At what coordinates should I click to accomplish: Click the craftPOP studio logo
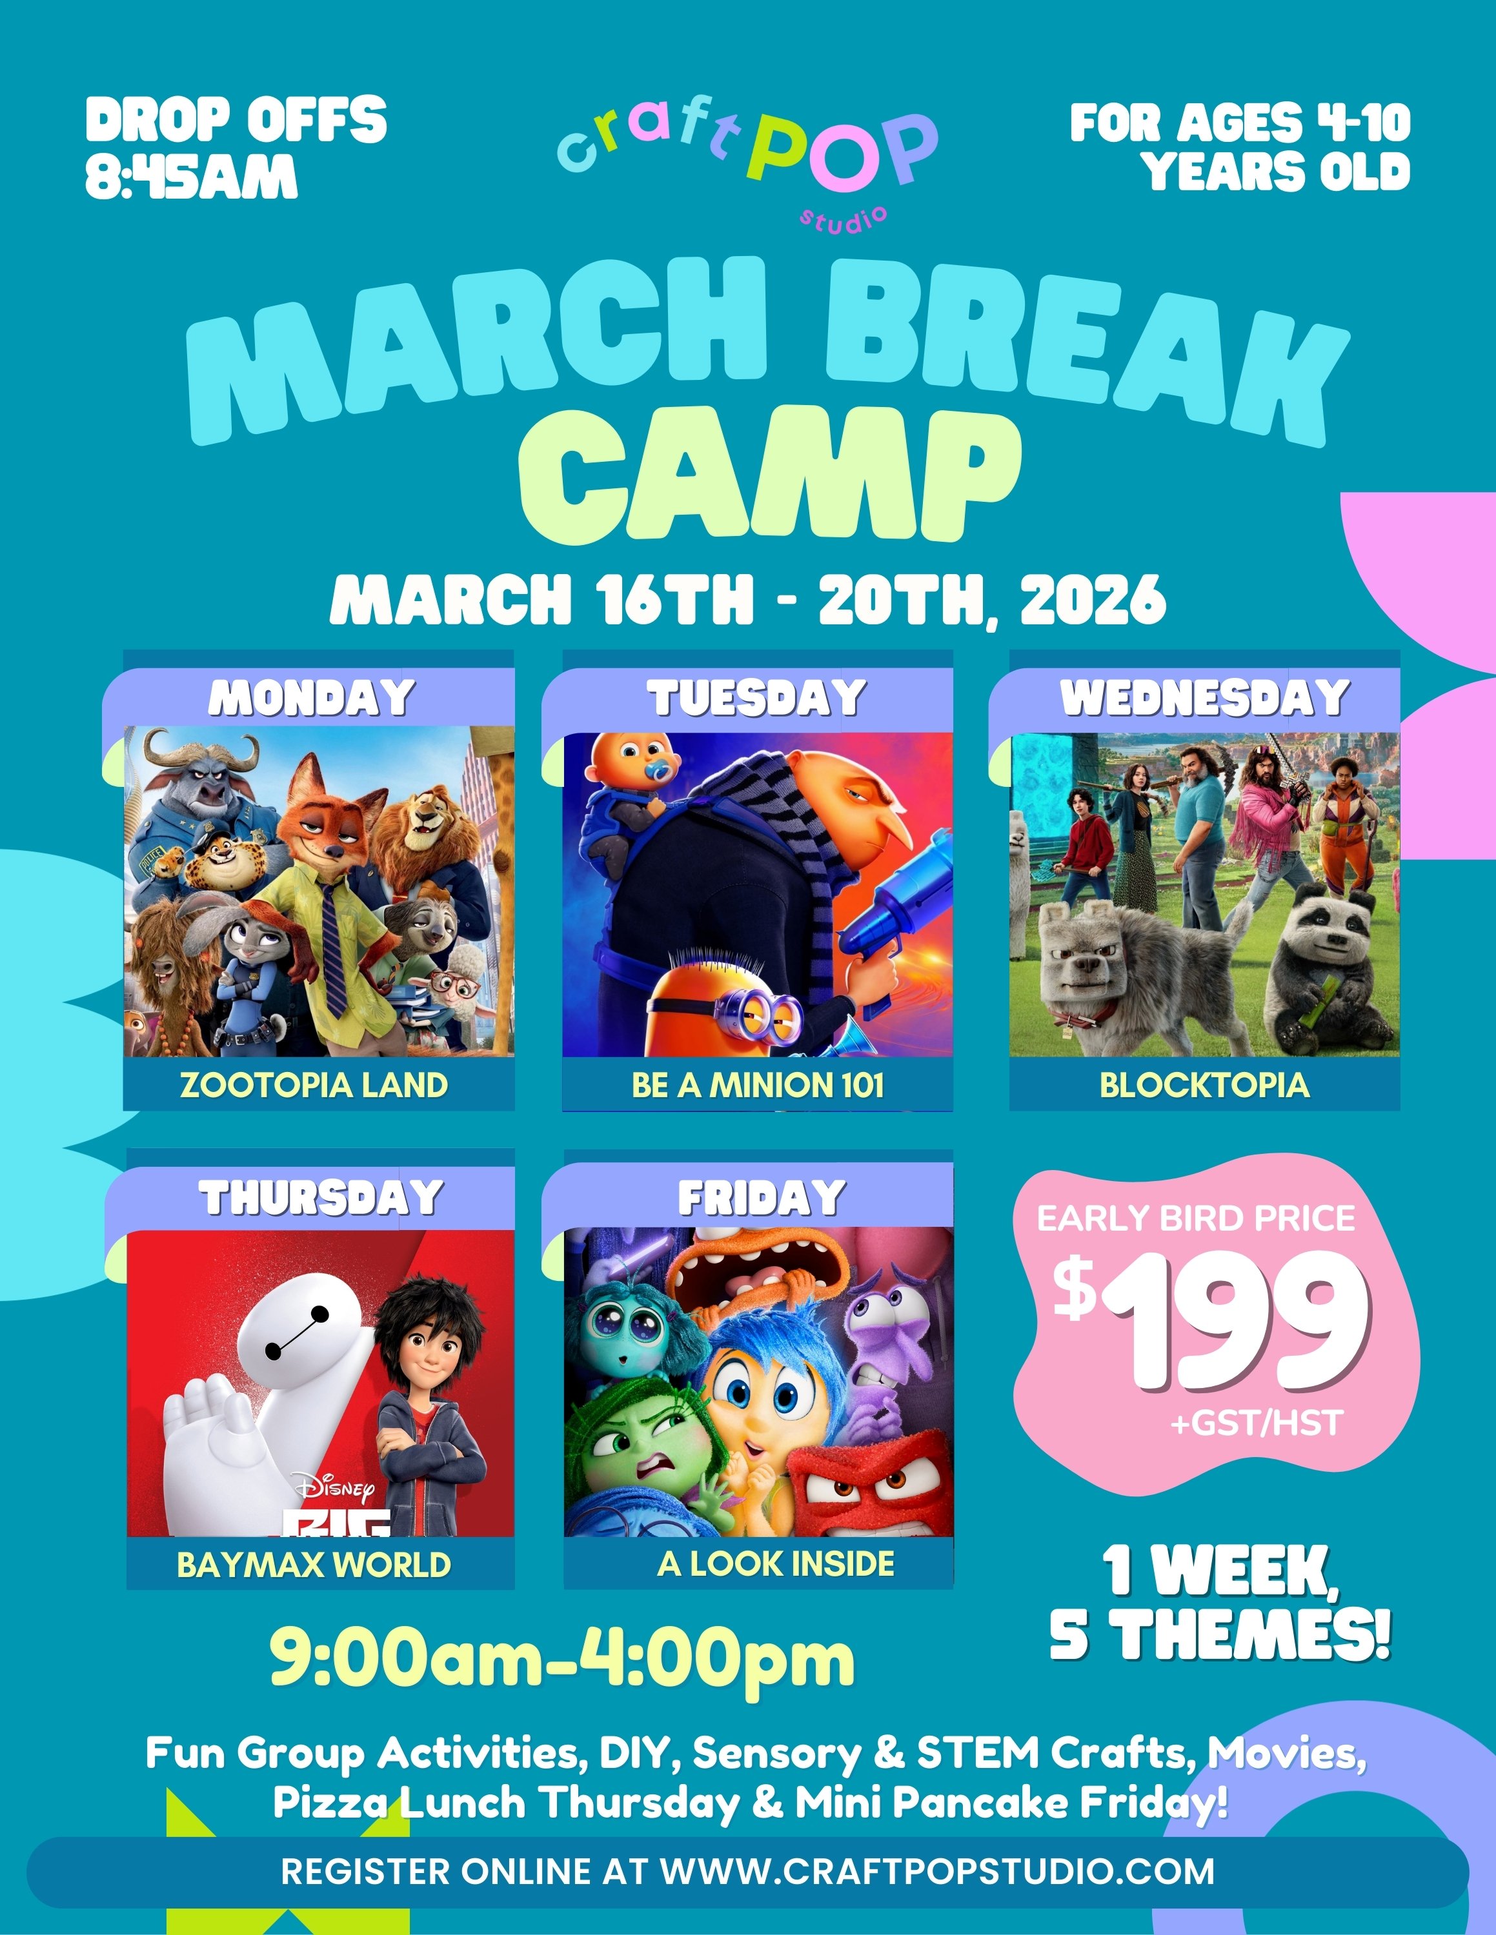pos(747,159)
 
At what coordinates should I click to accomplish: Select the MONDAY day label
pos(312,698)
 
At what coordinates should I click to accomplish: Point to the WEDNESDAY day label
pos(1204,698)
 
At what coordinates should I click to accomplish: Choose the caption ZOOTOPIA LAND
pos(314,1086)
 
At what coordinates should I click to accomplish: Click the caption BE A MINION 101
pos(758,1086)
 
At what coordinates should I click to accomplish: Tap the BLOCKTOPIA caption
pos(1204,1086)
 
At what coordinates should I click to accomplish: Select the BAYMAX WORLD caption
pos(314,1565)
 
